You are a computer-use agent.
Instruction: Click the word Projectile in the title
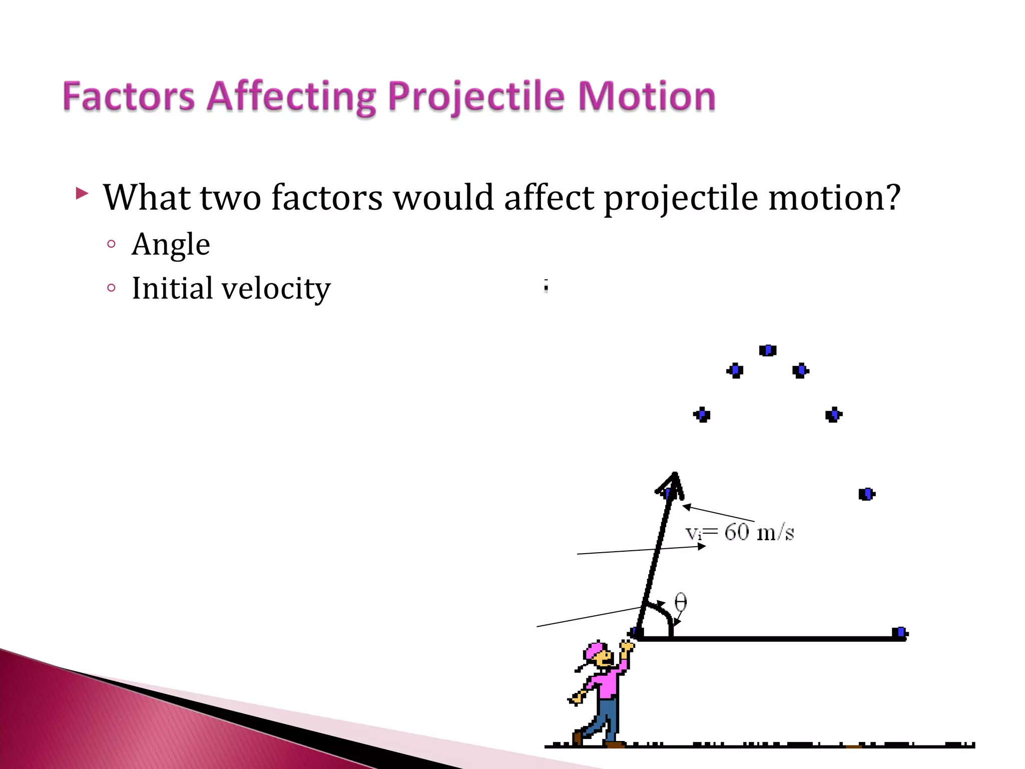tap(476, 97)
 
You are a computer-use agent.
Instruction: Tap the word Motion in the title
tap(647, 97)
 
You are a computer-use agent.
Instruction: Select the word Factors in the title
tap(129, 97)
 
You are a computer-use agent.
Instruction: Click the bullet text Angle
tap(171, 245)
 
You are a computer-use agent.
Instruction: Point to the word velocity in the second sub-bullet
tap(276, 289)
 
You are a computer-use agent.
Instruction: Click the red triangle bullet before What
tap(82, 193)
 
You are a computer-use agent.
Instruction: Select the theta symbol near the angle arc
tap(680, 602)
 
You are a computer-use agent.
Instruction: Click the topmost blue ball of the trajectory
tap(767, 350)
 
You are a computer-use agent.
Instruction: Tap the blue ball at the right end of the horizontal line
tap(899, 633)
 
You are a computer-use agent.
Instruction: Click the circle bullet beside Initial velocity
tap(112, 288)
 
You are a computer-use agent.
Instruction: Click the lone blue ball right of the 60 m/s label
tap(866, 494)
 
